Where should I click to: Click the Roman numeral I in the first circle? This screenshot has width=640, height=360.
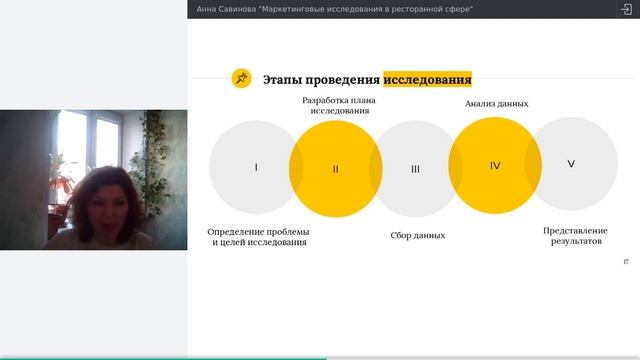click(x=256, y=167)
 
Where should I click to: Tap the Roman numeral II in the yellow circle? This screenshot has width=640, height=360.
click(x=336, y=169)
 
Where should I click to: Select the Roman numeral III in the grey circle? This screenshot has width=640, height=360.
click(x=415, y=169)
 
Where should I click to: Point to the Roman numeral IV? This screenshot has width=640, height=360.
click(x=495, y=165)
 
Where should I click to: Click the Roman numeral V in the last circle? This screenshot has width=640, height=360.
click(x=571, y=164)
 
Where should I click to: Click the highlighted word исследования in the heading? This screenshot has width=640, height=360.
click(x=427, y=79)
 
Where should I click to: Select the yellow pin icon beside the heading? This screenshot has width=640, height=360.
click(x=242, y=79)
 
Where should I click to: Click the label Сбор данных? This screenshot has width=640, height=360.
click(x=417, y=236)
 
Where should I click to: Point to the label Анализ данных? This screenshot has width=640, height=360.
click(x=497, y=103)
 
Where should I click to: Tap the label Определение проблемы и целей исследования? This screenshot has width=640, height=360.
click(x=259, y=237)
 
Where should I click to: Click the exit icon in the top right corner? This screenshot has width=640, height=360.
click(x=626, y=8)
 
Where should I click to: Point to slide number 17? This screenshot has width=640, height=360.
click(x=626, y=261)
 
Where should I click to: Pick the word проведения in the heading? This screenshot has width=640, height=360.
click(x=341, y=79)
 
